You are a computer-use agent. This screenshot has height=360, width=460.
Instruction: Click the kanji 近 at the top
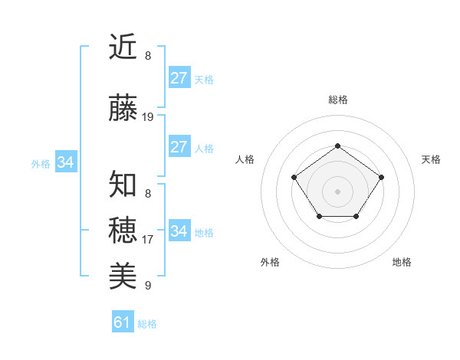point(123,47)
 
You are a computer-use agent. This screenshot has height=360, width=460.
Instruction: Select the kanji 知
point(123,185)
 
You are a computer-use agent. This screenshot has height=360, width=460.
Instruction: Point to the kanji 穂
point(123,229)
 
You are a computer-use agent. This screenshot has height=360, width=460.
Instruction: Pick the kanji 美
point(123,275)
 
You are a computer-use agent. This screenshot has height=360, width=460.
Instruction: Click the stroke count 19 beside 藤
point(148,117)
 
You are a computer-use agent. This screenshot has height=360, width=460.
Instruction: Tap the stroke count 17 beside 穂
point(148,240)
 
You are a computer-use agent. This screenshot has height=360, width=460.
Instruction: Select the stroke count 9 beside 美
point(148,286)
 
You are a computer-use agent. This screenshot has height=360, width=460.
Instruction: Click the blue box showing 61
point(123,322)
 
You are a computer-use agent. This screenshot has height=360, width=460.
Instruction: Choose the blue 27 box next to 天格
point(179,78)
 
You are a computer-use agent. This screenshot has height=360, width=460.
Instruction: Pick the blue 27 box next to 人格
point(179,147)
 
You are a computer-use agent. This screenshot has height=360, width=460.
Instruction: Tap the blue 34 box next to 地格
point(179,231)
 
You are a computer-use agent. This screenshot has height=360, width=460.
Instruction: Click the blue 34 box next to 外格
point(65,162)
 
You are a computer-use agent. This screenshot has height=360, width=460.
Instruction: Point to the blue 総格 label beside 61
point(147,324)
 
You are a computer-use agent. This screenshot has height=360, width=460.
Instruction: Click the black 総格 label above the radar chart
point(337,100)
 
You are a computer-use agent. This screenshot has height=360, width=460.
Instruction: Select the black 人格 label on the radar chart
point(245,159)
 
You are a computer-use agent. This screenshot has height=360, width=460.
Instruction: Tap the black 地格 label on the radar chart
point(402,262)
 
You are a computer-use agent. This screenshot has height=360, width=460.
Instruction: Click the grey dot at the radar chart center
point(337,191)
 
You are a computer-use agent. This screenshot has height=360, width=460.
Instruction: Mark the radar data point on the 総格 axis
point(337,146)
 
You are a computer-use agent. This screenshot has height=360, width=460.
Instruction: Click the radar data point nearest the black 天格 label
point(381,177)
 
